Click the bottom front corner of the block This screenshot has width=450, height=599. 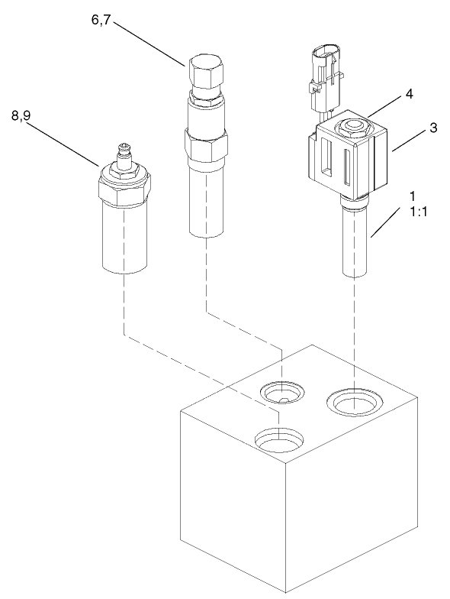point(283,593)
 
